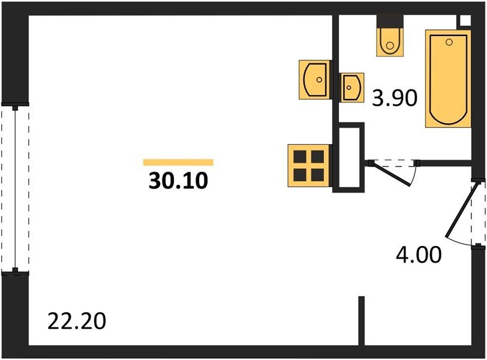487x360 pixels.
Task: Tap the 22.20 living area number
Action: click(x=77, y=322)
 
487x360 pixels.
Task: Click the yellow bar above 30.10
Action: click(x=178, y=162)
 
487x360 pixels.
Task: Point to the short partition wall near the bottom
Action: click(x=362, y=320)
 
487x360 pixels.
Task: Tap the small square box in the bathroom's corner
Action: click(x=464, y=20)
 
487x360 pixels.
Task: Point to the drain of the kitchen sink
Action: click(x=320, y=79)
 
